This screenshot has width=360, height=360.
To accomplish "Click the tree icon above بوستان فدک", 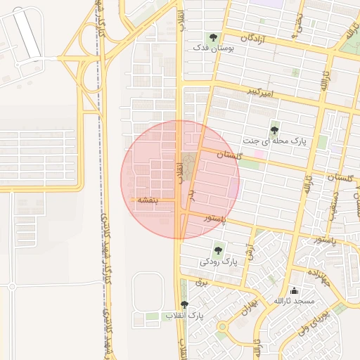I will coord(212,37).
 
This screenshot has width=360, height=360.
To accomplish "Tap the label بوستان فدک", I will coord(212,49).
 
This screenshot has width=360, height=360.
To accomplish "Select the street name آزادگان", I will coord(255,38).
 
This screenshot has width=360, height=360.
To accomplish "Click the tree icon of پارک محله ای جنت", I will coord(274,129).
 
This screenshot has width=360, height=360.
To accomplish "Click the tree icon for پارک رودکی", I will coord(219,249).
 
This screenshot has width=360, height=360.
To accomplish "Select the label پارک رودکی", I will coord(219,262).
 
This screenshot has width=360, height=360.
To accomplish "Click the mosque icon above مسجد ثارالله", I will coord(294,290).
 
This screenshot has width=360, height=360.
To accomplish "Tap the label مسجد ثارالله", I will coord(294,301).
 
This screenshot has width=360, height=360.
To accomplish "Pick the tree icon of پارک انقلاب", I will coord(185,304).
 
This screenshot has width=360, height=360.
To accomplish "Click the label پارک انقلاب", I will coord(184,316).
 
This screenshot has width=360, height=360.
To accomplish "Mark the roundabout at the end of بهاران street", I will coord(223,327).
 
